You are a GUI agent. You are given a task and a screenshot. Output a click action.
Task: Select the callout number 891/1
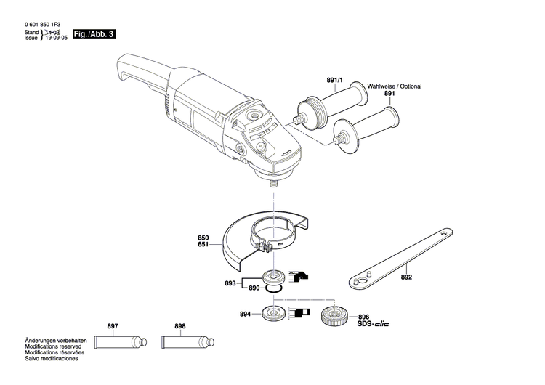[334, 80]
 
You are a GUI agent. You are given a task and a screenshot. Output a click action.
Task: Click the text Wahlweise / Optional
[394, 86]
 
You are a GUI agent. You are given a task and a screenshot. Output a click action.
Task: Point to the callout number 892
[406, 277]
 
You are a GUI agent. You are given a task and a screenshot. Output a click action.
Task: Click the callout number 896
[364, 317]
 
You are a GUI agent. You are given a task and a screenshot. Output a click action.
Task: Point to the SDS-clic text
[373, 324]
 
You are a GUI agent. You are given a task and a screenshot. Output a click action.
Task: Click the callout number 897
[113, 328]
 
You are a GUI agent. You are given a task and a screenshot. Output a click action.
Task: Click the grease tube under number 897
[124, 342]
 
